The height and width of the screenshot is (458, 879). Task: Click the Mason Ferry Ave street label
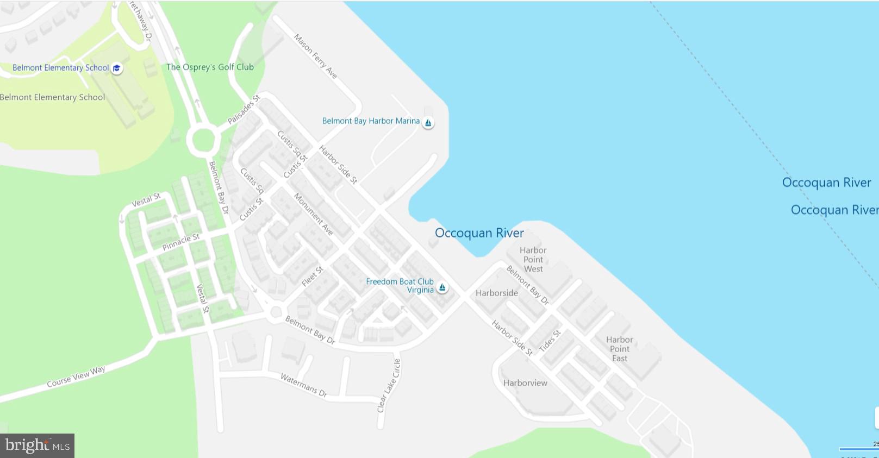click(x=315, y=57)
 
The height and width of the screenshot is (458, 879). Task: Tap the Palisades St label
click(x=244, y=109)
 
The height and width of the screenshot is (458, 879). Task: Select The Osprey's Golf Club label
click(x=210, y=67)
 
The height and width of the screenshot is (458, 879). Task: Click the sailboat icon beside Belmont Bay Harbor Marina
click(x=428, y=123)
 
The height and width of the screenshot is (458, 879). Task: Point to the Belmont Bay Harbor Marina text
click(x=371, y=121)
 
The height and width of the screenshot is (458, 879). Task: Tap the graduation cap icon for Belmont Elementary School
click(x=117, y=68)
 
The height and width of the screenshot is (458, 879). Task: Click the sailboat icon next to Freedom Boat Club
click(x=442, y=287)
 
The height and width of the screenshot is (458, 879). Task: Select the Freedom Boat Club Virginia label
click(x=400, y=286)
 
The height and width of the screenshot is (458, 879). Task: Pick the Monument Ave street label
click(x=314, y=214)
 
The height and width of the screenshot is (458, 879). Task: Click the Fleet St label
click(x=313, y=277)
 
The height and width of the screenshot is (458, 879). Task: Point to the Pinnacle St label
click(x=181, y=242)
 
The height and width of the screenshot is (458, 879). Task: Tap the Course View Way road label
click(x=76, y=377)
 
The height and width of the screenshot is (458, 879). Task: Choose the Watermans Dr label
click(x=304, y=385)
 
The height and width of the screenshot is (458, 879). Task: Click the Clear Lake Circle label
click(x=389, y=385)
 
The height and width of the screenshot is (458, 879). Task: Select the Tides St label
click(x=550, y=341)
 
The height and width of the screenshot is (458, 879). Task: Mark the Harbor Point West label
click(x=533, y=260)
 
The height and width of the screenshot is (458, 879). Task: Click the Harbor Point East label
click(x=620, y=349)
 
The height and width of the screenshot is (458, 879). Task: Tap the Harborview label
click(x=525, y=383)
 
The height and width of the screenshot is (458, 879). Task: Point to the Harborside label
click(x=497, y=293)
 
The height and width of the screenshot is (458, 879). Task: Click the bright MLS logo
click(x=38, y=446)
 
